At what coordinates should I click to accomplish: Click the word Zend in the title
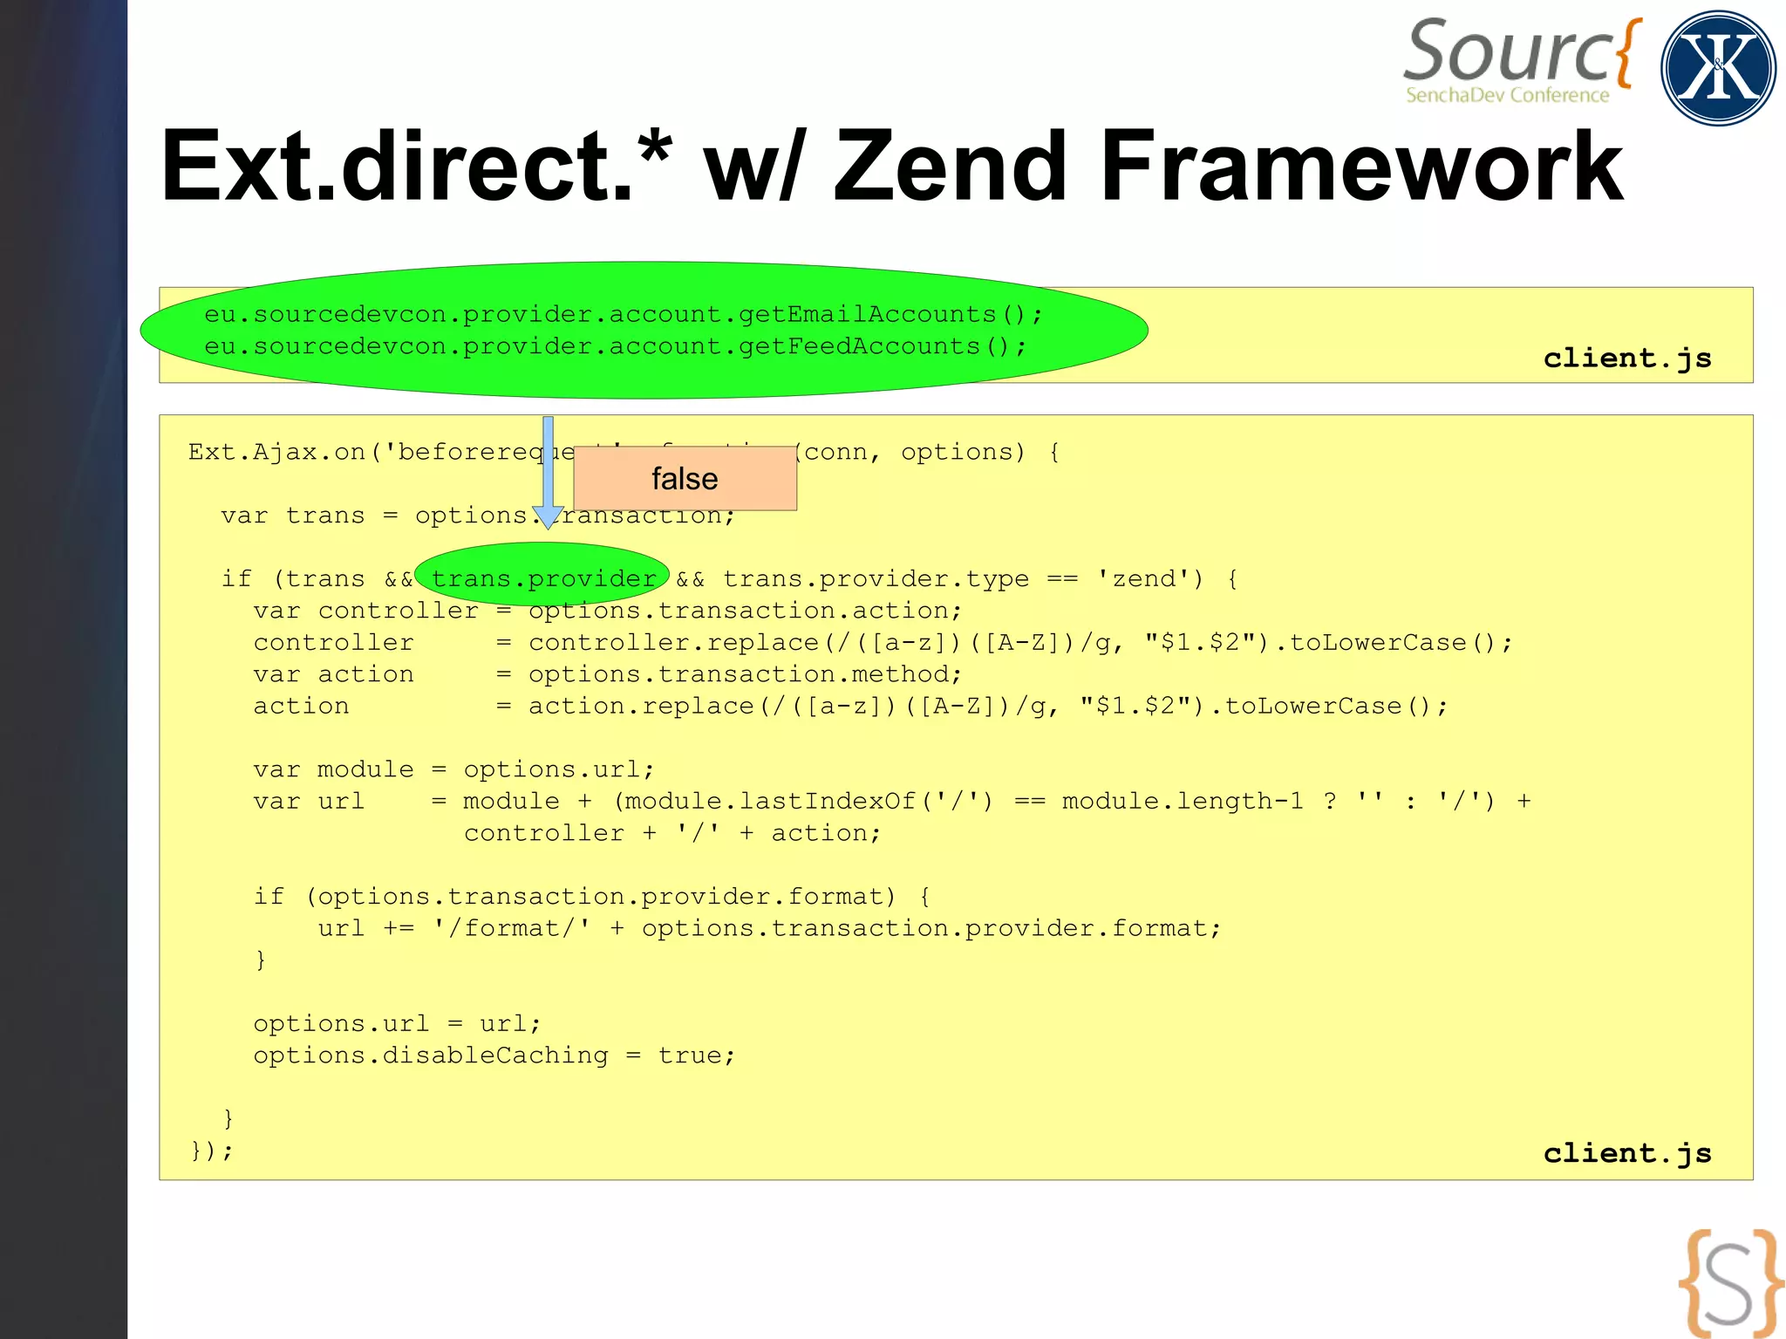tap(951, 166)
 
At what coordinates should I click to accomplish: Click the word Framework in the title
tap(1360, 166)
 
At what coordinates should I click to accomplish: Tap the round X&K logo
tap(1717, 68)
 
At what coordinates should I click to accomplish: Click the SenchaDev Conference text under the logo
tap(1507, 95)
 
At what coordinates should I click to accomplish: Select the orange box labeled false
tap(685, 478)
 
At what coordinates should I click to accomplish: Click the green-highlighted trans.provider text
tap(542, 577)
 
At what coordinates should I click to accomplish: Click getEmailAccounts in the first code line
tap(867, 314)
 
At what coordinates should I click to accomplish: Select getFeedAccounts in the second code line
tap(859, 346)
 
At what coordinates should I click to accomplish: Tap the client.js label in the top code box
tap(1627, 358)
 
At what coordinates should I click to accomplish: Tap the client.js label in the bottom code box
tap(1627, 1152)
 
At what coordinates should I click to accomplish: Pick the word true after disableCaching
tap(690, 1055)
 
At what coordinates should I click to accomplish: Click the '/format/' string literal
tap(512, 928)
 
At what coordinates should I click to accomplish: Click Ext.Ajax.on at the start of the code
tap(276, 452)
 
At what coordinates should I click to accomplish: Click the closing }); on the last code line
tap(212, 1151)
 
